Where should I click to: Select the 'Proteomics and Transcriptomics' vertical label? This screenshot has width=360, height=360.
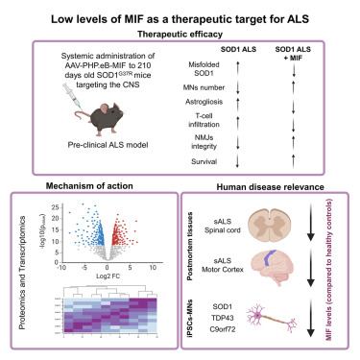(x=26, y=278)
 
